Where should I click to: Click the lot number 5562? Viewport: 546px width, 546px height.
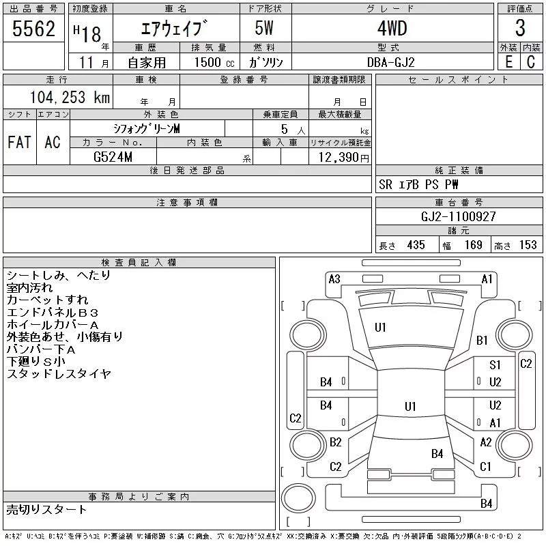(33, 29)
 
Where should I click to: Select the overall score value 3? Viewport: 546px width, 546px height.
(520, 29)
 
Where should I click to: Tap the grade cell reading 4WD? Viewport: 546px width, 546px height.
(392, 29)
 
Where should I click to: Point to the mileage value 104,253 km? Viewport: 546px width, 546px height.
(68, 98)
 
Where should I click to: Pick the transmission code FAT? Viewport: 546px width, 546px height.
(19, 142)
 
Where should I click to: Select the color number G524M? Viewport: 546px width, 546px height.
(113, 158)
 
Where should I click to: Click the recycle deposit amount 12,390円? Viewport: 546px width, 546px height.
(340, 158)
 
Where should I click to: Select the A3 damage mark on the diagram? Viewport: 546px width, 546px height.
(334, 279)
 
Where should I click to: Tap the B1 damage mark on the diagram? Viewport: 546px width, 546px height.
(482, 341)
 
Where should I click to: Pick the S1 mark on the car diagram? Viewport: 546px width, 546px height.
(495, 366)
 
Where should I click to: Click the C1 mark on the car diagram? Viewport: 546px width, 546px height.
(485, 467)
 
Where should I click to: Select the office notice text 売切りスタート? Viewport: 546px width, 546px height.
(47, 509)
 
